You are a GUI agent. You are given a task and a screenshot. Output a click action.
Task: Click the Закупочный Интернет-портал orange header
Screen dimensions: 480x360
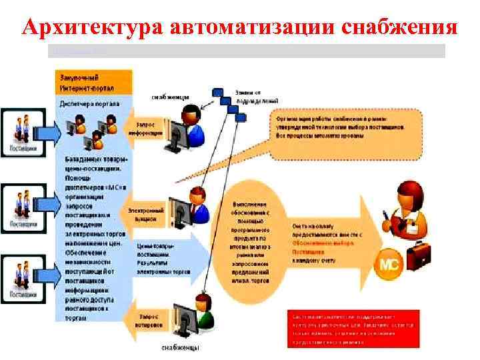tap(90, 83)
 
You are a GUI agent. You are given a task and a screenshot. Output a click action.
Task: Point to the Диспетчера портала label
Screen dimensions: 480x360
tap(89, 104)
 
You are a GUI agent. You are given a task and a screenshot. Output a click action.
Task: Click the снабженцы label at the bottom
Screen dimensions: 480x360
tap(180, 347)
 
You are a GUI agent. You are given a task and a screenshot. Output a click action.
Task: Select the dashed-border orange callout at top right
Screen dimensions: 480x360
tap(347, 127)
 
